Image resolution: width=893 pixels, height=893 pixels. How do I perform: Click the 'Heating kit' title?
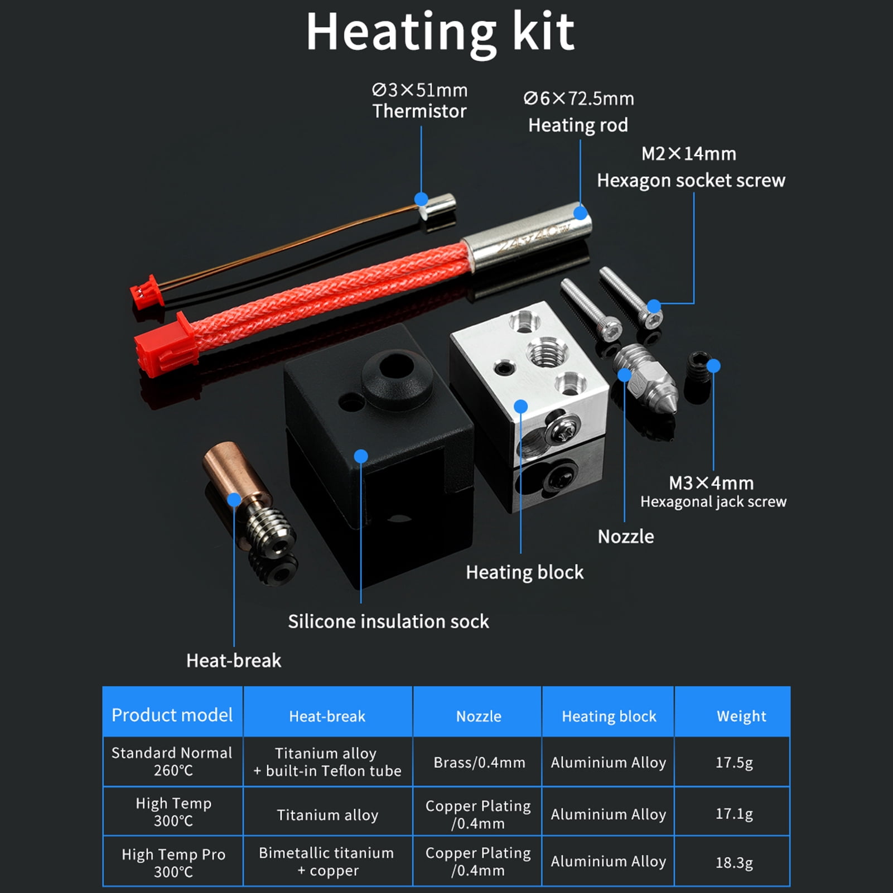click(x=440, y=32)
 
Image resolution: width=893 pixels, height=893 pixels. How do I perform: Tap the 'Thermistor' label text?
click(x=419, y=112)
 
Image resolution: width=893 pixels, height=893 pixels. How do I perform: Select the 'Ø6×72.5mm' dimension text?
click(x=578, y=99)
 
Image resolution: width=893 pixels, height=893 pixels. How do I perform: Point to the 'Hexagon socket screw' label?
click(x=691, y=181)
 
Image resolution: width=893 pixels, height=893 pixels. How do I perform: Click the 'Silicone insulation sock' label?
click(x=388, y=621)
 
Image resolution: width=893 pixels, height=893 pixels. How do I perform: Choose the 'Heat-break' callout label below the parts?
click(x=234, y=660)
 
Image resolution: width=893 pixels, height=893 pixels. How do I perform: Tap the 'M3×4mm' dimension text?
click(x=711, y=482)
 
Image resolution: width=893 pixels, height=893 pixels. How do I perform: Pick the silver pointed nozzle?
click(x=647, y=379)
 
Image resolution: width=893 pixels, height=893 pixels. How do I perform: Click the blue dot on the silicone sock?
click(x=361, y=456)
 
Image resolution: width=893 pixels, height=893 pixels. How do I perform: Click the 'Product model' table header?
click(x=172, y=715)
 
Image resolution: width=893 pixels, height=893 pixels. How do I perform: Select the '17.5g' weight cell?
click(x=734, y=762)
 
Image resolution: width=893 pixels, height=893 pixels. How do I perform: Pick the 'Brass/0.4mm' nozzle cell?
click(x=479, y=762)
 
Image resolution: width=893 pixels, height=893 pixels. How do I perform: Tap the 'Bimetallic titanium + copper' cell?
click(x=327, y=861)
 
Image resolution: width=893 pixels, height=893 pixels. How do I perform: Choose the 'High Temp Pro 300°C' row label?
click(x=173, y=862)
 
